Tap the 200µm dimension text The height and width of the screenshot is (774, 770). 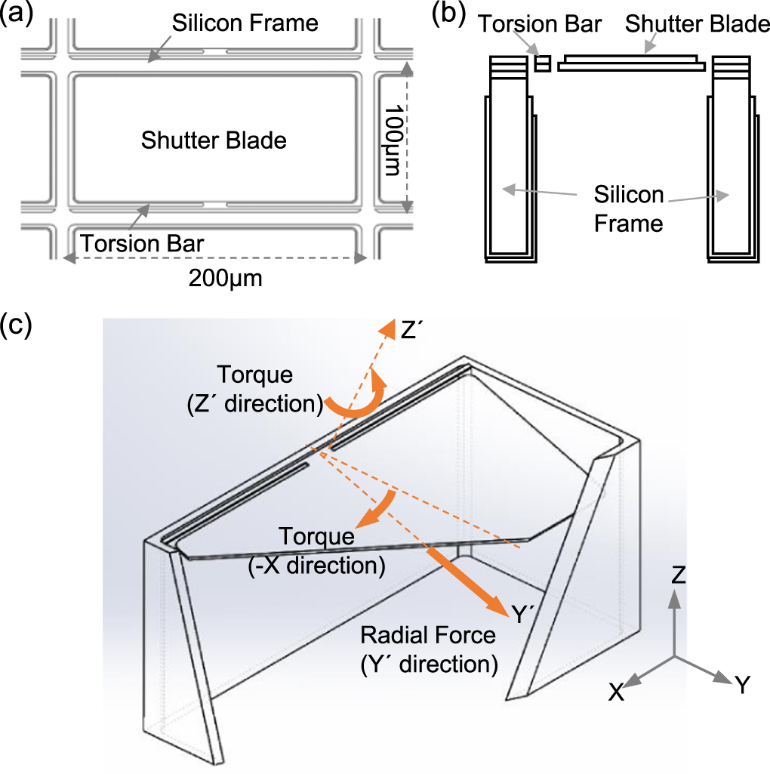point(226,280)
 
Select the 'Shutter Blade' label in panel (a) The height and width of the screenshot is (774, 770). point(214,140)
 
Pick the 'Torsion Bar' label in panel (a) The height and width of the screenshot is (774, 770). point(143,244)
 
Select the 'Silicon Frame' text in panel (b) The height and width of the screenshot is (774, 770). point(628,209)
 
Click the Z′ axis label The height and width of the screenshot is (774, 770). point(413,329)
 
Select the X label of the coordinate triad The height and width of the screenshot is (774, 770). point(617,692)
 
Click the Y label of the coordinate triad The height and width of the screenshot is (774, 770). point(742,685)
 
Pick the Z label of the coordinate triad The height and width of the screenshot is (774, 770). point(679,576)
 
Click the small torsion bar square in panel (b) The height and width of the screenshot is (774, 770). point(541,63)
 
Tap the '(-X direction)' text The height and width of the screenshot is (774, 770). point(317,563)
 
